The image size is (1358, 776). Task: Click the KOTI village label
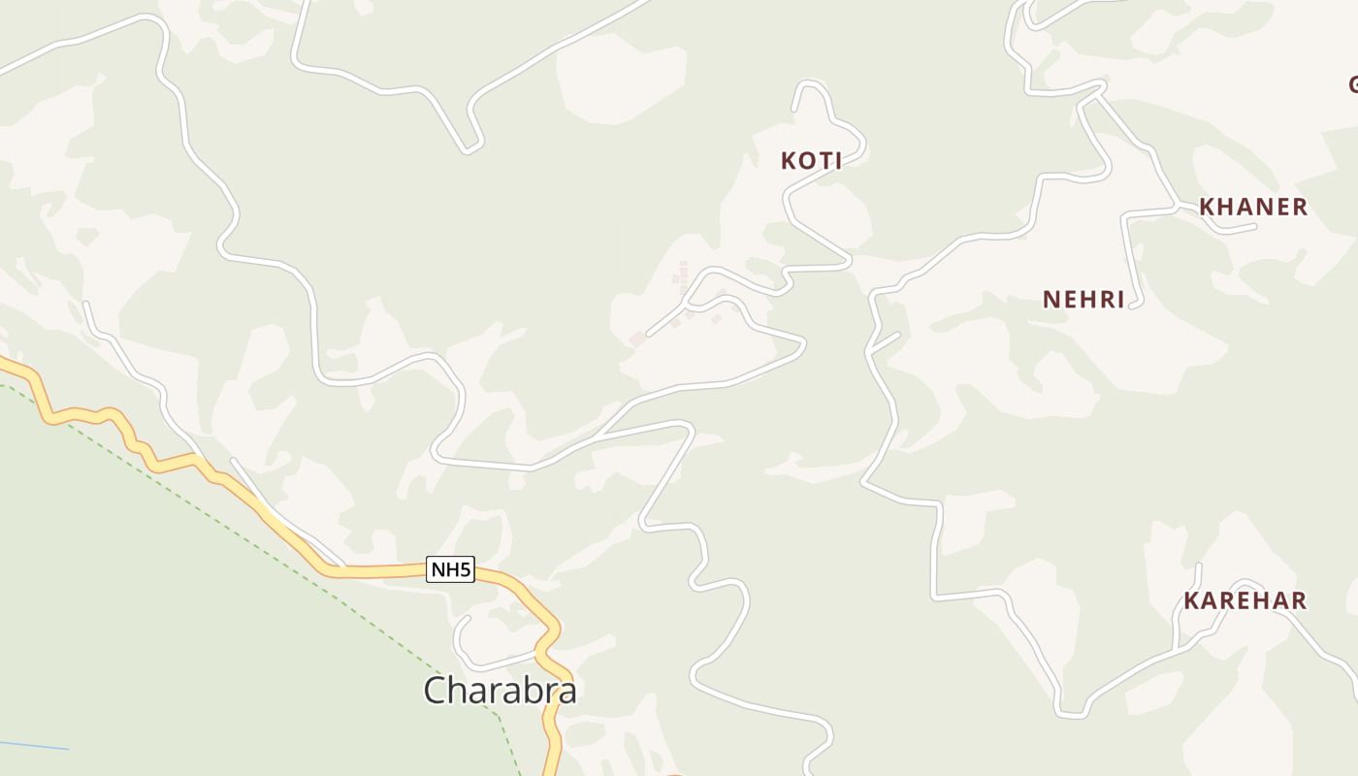coord(811,161)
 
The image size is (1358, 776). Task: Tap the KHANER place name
coord(1253,207)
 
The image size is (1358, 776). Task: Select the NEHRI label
coord(1083,299)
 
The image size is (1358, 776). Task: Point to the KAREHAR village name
coord(1245,600)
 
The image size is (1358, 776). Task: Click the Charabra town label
coord(500,691)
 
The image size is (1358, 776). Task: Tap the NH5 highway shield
coord(451,569)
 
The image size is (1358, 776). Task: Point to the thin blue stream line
coord(34,746)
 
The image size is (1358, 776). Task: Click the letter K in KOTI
coord(789,161)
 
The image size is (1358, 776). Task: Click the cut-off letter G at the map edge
coord(1352,85)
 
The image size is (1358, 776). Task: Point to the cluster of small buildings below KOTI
coord(683,276)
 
